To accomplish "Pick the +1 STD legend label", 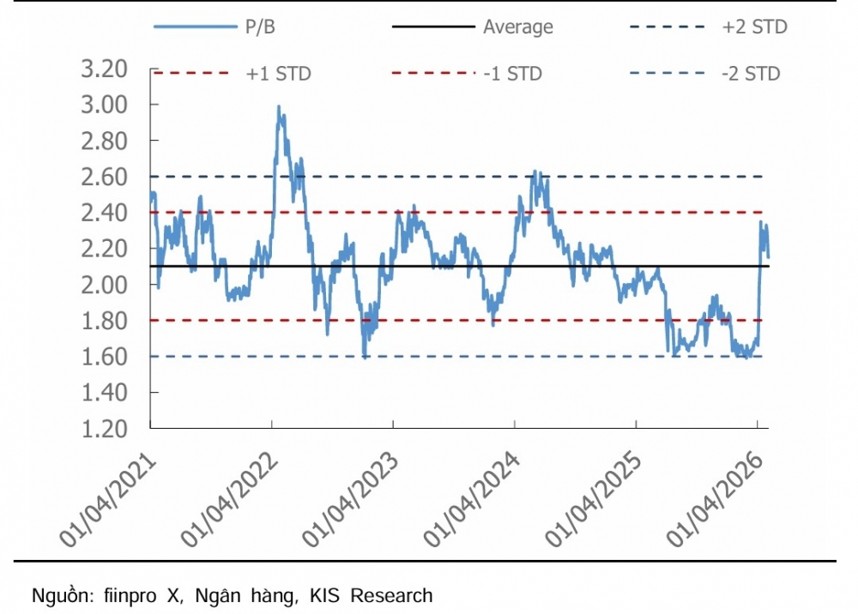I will click(278, 74).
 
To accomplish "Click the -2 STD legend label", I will click(751, 74).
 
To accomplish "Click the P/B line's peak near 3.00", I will click(279, 107).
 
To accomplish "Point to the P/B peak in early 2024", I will click(535, 172).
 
